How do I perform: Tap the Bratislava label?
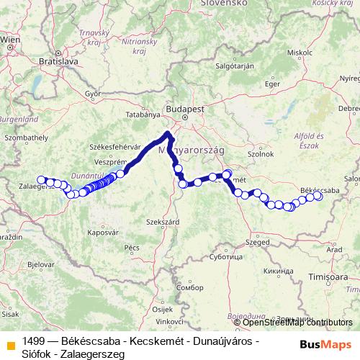(59, 63)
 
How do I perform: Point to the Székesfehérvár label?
(112, 145)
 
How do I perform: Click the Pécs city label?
(131, 247)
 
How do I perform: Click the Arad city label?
(334, 249)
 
